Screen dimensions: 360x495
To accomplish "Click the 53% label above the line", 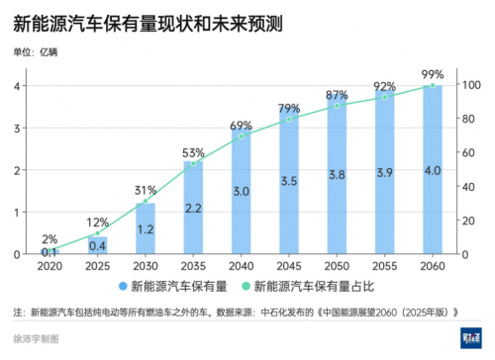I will pos(193,152).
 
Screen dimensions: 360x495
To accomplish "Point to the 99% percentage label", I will pos(432,74).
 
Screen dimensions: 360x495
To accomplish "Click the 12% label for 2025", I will pos(98,223).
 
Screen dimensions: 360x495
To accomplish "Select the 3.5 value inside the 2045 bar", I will pos(289,181).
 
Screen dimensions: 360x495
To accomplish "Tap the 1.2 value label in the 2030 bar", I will pos(146,229).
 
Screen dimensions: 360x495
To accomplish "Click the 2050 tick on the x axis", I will pos(337,266).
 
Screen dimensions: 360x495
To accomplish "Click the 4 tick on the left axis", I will pos(18,86).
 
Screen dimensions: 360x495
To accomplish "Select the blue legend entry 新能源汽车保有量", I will pos(171,288).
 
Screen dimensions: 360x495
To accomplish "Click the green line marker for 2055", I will pos(384,97).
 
